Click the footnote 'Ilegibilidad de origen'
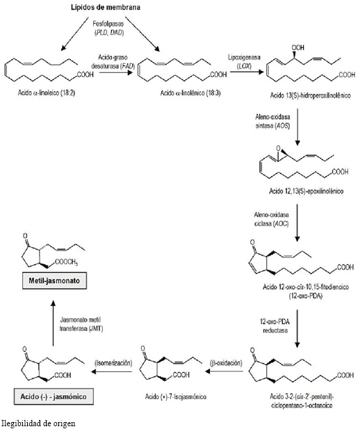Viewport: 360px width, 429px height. (38, 422)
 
